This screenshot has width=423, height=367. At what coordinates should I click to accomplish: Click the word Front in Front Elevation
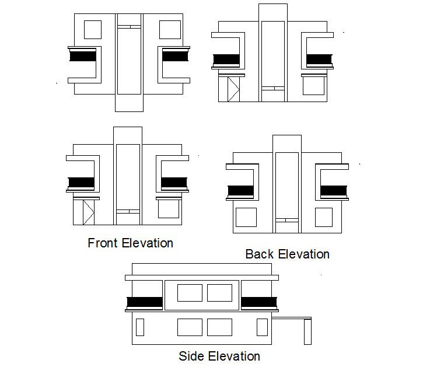pyautogui.click(x=103, y=243)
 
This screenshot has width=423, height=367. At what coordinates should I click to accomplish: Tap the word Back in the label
pyautogui.click(x=259, y=254)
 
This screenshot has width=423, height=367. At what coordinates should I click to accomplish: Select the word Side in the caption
pyautogui.click(x=193, y=356)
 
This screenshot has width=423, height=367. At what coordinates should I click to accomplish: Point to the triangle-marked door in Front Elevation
pyautogui.click(x=88, y=212)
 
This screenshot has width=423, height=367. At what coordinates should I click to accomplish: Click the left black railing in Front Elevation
pyautogui.click(x=81, y=182)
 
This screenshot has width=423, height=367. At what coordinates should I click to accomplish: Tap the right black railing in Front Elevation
pyautogui.click(x=174, y=182)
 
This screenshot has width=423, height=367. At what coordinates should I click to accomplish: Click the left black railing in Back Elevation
pyautogui.click(x=240, y=191)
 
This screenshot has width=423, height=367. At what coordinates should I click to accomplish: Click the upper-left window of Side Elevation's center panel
pyautogui.click(x=190, y=292)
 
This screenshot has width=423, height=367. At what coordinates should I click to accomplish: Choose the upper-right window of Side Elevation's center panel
pyautogui.click(x=219, y=292)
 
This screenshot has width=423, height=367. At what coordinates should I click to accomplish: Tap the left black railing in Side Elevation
pyautogui.click(x=144, y=302)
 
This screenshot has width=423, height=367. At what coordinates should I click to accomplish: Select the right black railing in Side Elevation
pyautogui.click(x=259, y=302)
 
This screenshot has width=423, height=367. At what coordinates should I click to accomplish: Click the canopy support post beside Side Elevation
pyautogui.click(x=307, y=332)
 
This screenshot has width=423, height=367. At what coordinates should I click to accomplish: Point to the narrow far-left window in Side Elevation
pyautogui.click(x=139, y=327)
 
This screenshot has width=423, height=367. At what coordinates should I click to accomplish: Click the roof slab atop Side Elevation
pyautogui.click(x=202, y=269)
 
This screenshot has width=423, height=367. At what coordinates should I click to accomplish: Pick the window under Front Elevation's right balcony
pyautogui.click(x=169, y=210)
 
